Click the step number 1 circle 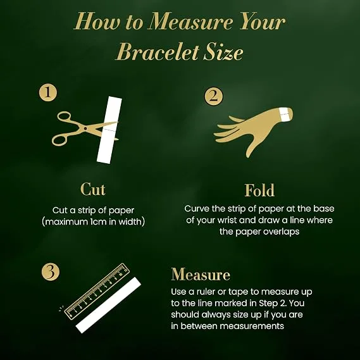pos(47,92)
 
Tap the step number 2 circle pos(213,96)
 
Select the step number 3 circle pos(50,271)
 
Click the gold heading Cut pos(93,189)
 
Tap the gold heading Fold pos(259,190)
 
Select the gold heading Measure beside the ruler pos(201,274)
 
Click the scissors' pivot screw pos(85,128)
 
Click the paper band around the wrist pos(285,114)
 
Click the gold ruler pos(96,292)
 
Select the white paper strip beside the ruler pos(108,305)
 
